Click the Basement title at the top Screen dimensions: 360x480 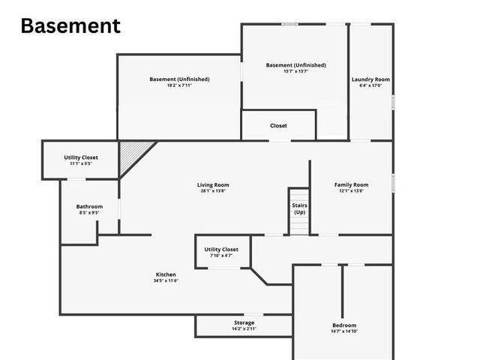[x=70, y=25]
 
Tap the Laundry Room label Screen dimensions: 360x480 [x=370, y=79]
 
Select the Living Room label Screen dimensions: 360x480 [x=213, y=184]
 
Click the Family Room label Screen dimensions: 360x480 [x=351, y=184]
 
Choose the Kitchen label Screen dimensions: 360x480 [x=166, y=274]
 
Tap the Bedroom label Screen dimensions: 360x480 [x=344, y=325]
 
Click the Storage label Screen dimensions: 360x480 [x=244, y=322]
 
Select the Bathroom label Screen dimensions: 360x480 [x=89, y=206]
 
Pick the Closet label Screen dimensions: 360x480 [x=278, y=126]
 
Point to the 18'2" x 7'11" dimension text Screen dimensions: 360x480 [x=179, y=86]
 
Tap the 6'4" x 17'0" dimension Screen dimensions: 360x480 [x=370, y=86]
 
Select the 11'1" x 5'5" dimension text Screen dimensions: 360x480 [x=80, y=164]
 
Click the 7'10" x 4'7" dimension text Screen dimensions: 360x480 [x=220, y=256]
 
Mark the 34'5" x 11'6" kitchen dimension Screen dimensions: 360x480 [x=166, y=281]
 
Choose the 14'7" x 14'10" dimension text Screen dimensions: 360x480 [x=344, y=331]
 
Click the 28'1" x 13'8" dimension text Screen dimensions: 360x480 [x=213, y=191]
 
